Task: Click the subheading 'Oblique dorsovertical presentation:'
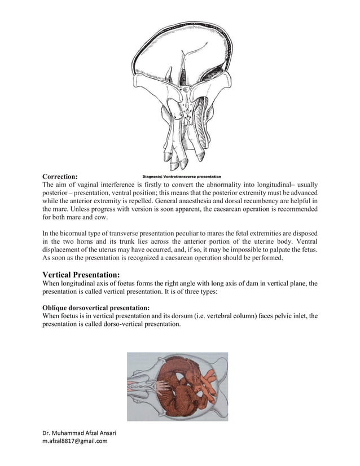[x=96, y=307]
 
